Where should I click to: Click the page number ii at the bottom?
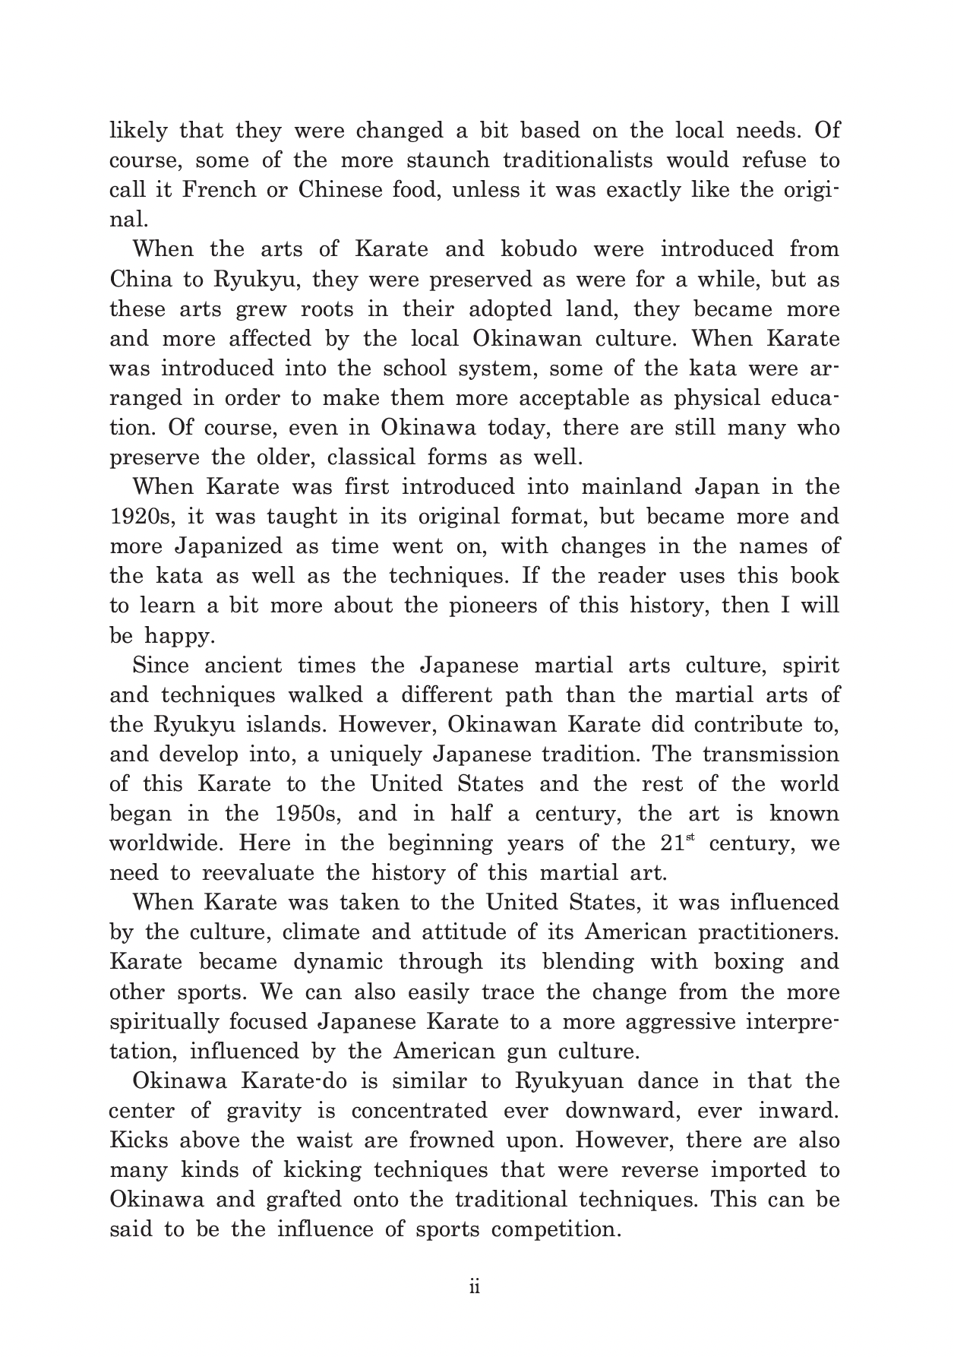(x=475, y=1289)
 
